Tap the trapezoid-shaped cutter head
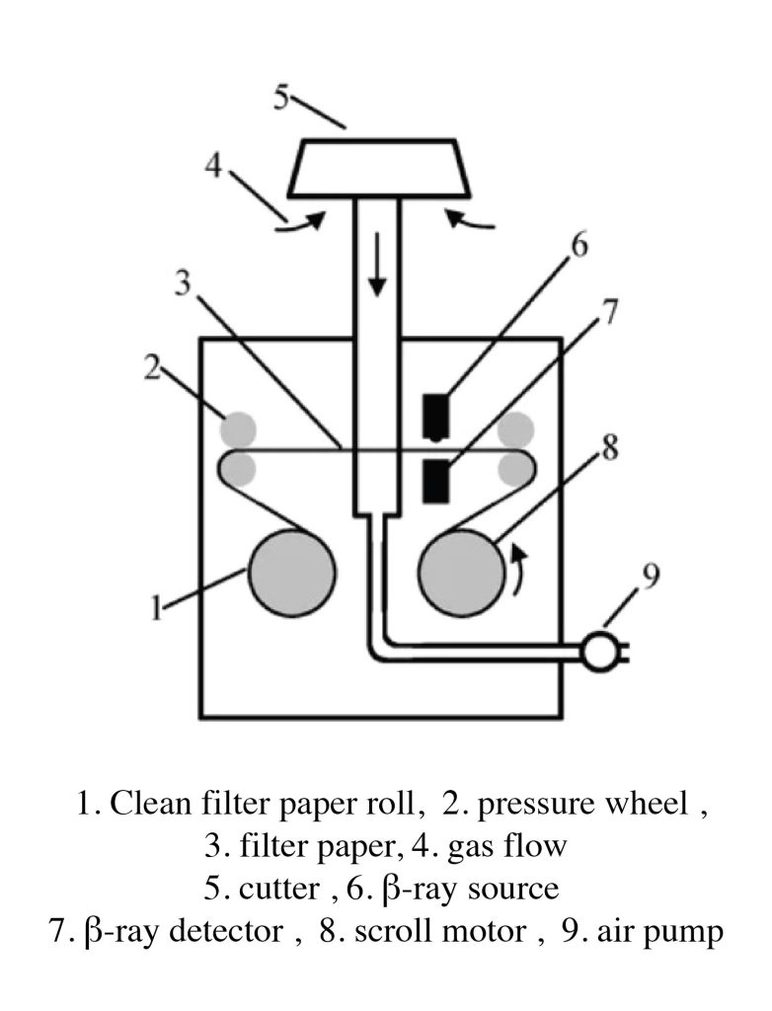pos(379,167)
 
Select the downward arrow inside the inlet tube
pos(378,265)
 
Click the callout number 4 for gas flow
pos(213,167)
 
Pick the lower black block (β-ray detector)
pos(435,481)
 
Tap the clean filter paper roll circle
pos(292,573)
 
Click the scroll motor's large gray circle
pos(462,573)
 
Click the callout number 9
pos(652,577)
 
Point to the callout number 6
pos(579,246)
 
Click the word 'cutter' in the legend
pos(278,890)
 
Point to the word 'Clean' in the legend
pos(151,804)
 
